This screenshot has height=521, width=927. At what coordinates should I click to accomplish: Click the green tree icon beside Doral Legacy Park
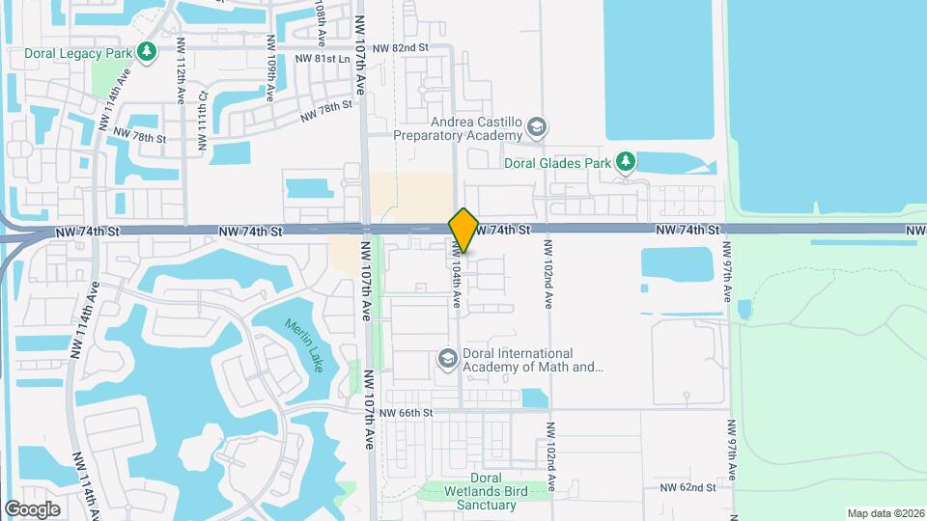[x=147, y=51]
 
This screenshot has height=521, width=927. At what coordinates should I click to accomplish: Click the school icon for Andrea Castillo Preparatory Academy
[x=538, y=126]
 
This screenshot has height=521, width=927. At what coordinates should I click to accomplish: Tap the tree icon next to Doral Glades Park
[x=626, y=161]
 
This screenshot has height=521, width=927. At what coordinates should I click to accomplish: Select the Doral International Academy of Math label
[x=532, y=360]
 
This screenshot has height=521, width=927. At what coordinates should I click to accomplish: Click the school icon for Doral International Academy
[x=447, y=359]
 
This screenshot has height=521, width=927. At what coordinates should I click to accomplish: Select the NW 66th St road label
[x=405, y=413]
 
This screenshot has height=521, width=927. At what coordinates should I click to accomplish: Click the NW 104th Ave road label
[x=456, y=275]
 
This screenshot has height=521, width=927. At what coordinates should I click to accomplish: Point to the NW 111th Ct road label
[x=203, y=122]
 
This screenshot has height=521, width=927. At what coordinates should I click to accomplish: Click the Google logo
[x=32, y=509]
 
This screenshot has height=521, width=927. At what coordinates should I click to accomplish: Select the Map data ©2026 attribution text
[x=885, y=513]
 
